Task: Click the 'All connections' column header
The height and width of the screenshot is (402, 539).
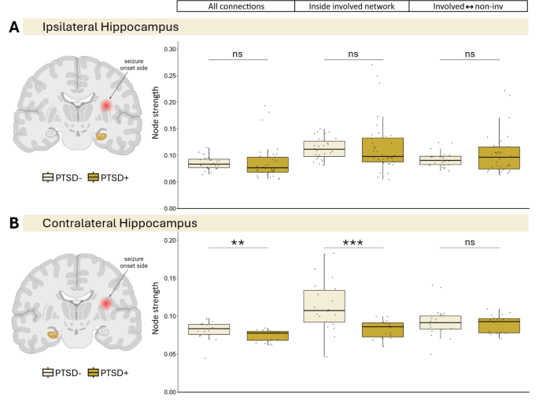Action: pyautogui.click(x=235, y=6)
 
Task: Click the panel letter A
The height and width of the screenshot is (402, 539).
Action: pyautogui.click(x=13, y=28)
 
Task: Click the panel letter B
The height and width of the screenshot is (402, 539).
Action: pyautogui.click(x=13, y=223)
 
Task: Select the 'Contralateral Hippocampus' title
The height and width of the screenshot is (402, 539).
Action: pyautogui.click(x=122, y=223)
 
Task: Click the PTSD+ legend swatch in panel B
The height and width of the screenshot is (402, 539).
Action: pyautogui.click(x=94, y=373)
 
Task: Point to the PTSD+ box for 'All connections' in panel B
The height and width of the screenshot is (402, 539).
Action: pyautogui.click(x=268, y=335)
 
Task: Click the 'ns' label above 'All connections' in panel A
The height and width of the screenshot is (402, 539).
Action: pyautogui.click(x=238, y=54)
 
